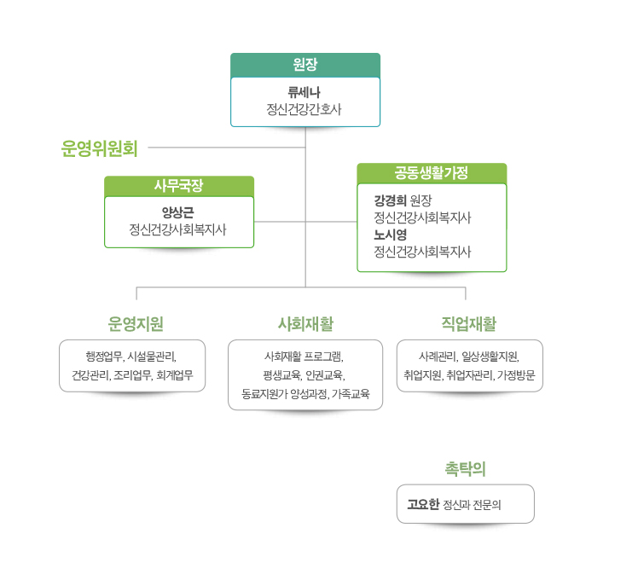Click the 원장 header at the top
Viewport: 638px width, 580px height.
[305, 64]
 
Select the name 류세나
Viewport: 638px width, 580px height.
[304, 92]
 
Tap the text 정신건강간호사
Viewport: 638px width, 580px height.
[304, 109]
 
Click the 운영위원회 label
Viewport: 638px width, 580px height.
[99, 148]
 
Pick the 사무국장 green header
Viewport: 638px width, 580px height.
[179, 186]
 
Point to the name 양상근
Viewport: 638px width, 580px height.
[177, 212]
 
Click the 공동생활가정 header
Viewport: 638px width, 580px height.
[432, 173]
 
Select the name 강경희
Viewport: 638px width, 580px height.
[390, 200]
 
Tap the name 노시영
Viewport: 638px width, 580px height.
[390, 235]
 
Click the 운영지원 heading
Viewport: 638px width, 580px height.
[136, 323]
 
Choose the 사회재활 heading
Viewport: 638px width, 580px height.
[305, 323]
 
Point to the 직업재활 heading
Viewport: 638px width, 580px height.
[469, 323]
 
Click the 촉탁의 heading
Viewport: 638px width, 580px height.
[466, 468]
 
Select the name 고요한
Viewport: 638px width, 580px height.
[423, 504]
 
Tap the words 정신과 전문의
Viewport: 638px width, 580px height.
[472, 505]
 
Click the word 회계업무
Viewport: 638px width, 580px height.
[175, 374]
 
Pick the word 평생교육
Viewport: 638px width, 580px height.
[282, 374]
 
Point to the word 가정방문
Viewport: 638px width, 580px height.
[516, 374]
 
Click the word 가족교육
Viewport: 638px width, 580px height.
[351, 393]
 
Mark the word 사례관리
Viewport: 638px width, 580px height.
[438, 357]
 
